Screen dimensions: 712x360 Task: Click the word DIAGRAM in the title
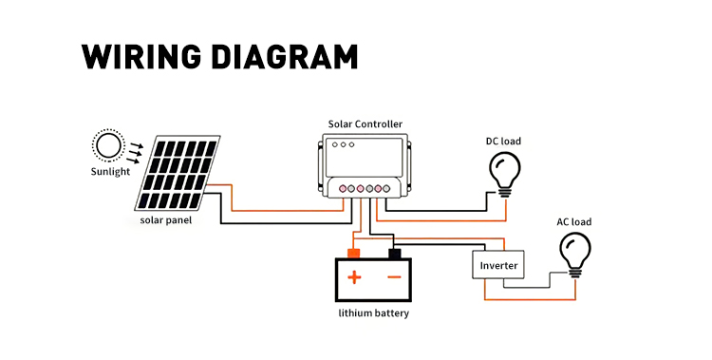coord(285,57)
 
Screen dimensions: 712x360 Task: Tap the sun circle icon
coord(109,145)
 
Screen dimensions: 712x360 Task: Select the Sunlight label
coord(110,172)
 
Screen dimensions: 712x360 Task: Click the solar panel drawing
coord(178,173)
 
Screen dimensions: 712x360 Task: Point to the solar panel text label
coord(166,220)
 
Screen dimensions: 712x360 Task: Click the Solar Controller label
coord(365,124)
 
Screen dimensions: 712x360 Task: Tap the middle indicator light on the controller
coord(344,144)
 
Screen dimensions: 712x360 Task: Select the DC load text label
coord(503,142)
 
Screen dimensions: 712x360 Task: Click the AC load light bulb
coord(575,255)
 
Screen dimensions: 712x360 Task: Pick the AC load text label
coord(574,222)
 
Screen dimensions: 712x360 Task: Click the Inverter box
coord(498,265)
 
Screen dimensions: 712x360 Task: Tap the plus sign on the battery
coord(354,277)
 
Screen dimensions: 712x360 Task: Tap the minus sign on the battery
coord(394,276)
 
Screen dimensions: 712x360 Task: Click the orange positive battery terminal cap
coord(354,254)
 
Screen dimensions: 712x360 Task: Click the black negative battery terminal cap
coord(395,254)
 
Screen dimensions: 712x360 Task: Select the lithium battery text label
coord(374,313)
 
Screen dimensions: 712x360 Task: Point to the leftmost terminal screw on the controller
coord(343,188)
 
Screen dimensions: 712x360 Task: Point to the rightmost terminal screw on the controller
coord(386,188)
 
